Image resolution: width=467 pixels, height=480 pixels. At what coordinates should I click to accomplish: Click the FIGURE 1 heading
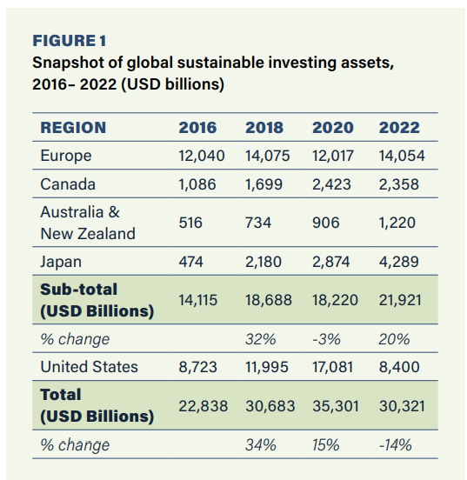coord(70,41)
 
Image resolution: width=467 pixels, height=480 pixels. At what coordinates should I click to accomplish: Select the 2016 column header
coord(197,127)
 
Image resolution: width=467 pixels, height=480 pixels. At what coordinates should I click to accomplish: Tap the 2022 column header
coord(399,127)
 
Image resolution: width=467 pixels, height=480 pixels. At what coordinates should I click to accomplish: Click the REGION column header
coord(73,127)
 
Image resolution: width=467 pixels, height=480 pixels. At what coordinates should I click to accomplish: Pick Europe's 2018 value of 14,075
coord(267,156)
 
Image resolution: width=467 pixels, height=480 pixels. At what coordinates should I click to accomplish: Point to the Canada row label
coord(68,184)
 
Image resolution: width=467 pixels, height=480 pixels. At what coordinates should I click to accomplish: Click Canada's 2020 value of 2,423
coord(331,184)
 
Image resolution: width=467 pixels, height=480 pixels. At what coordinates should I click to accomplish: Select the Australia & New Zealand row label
coord(88,223)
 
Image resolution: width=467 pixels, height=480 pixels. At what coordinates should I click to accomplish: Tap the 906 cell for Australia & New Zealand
coord(326,223)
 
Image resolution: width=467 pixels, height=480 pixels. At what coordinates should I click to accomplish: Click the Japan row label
coord(61,262)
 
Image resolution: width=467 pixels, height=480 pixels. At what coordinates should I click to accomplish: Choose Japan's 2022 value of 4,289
coord(398,262)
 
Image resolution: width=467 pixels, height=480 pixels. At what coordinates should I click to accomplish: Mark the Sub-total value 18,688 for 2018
coord(269,300)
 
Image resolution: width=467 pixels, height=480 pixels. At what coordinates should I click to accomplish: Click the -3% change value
coord(326,339)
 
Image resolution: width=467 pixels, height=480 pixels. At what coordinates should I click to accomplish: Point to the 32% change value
coord(261,339)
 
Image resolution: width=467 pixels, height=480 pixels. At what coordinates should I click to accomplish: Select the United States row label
coord(89,367)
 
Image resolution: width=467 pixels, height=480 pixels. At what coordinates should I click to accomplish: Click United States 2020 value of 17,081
coord(332,367)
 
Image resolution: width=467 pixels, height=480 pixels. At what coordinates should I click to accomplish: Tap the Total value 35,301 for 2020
coord(336,406)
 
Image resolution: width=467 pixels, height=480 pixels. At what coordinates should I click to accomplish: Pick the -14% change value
coord(396,445)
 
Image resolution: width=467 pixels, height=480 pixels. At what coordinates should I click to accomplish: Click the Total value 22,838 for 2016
coord(203,406)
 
